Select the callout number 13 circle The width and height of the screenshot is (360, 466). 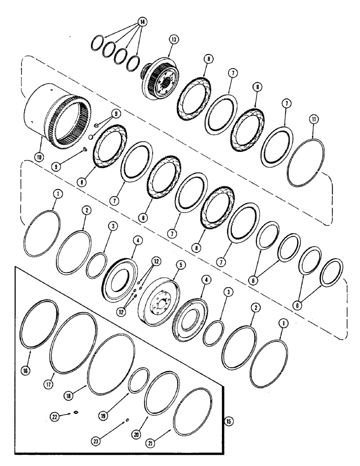(x=173, y=41)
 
